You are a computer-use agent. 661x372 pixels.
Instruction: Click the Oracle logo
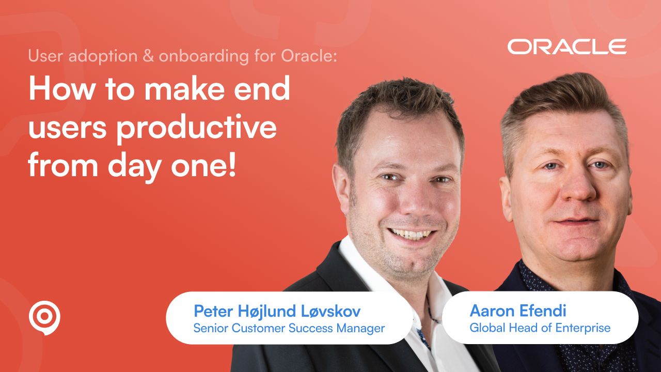pyautogui.click(x=566, y=47)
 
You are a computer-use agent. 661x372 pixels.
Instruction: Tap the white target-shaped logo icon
pyautogui.click(x=44, y=317)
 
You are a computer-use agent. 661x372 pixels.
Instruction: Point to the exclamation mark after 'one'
pyautogui.click(x=230, y=166)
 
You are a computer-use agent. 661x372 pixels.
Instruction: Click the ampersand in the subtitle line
pyautogui.click(x=148, y=56)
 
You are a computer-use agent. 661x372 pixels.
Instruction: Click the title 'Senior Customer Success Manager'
pyautogui.click(x=289, y=328)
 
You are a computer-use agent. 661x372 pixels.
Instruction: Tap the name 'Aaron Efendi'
pyautogui.click(x=517, y=311)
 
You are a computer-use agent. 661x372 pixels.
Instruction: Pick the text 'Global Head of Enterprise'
pyautogui.click(x=540, y=328)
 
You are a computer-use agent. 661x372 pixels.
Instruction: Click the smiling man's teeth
pyautogui.click(x=412, y=234)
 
